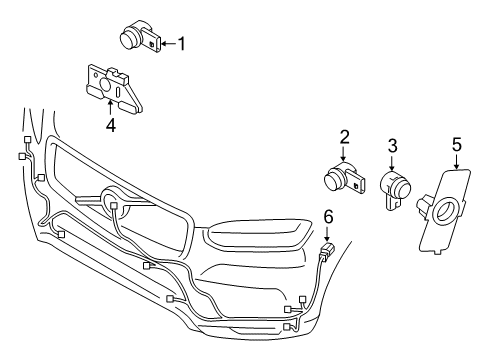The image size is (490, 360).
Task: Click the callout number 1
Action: (x=182, y=42)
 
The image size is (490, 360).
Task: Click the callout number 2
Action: (x=343, y=137)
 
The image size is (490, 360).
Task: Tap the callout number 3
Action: (x=392, y=147)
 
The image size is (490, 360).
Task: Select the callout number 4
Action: (x=111, y=125)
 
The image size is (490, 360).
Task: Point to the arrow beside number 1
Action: (x=167, y=42)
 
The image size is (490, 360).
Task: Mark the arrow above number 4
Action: (x=111, y=108)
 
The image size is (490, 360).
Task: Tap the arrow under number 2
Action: (x=343, y=153)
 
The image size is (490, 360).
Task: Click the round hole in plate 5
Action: (x=445, y=211)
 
